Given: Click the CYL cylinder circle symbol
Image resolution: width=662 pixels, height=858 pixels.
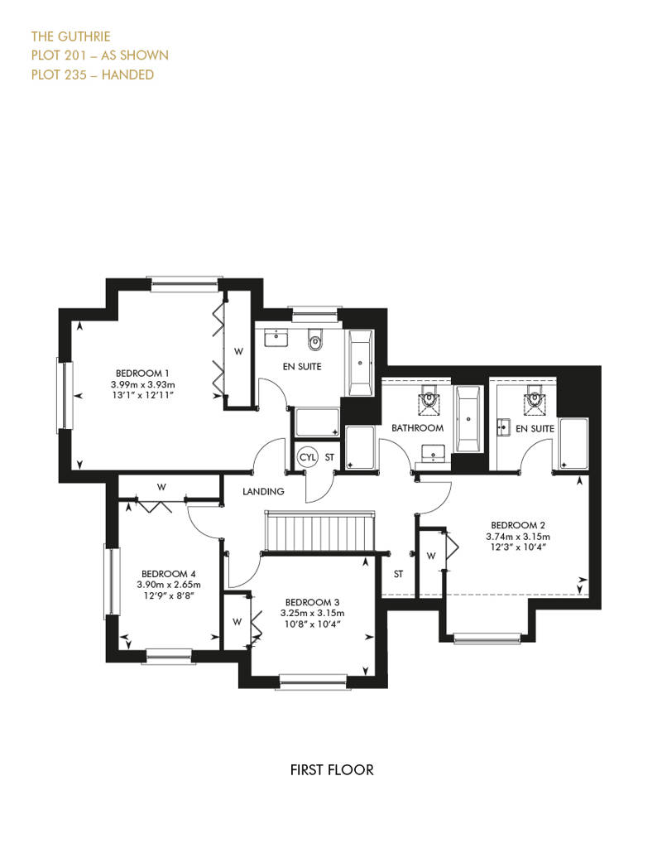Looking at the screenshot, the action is pos(308,457).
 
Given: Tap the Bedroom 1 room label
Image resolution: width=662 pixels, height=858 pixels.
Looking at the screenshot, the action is pos(142,374).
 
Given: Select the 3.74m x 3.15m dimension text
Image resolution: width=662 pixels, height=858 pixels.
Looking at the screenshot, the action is pos(518,537).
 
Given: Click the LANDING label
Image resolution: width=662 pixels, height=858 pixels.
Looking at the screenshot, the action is pos(263,491).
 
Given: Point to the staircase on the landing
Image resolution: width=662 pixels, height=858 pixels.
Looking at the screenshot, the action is pos(320,532).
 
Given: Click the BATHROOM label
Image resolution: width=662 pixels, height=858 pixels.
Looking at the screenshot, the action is pos(417,428).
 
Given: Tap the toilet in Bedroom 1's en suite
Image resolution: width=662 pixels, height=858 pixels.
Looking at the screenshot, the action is pos(315,340).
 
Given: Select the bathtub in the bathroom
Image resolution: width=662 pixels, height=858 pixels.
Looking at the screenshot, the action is pos(468,418).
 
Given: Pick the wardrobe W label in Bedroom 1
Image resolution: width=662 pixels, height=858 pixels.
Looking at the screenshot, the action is pos(238,351).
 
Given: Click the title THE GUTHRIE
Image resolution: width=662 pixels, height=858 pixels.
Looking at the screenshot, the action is pos(70,36).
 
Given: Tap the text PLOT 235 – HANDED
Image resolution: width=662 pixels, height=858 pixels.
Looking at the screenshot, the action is pos(93,75).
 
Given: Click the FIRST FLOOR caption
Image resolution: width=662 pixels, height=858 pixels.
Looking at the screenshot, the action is pos(332,770).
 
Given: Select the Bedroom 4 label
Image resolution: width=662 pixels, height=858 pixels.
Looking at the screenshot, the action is pos(168,574).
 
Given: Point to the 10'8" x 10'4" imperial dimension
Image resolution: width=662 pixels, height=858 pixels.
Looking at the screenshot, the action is pos(312,624).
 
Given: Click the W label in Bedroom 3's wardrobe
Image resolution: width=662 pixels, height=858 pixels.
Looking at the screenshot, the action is pos(237,622).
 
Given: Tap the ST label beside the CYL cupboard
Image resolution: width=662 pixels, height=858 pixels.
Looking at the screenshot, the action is pos(329,457).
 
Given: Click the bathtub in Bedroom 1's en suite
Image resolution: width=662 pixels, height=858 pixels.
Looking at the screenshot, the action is pos(360,363).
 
